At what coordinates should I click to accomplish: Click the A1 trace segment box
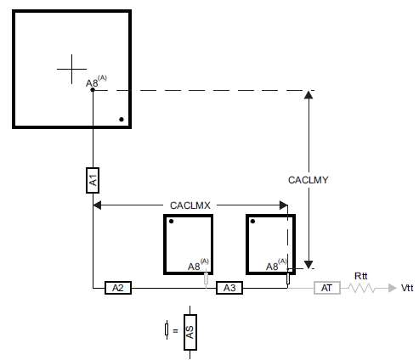pos(93,180)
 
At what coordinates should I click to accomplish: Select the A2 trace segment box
pos(118,288)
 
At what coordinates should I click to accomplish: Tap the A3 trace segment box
pos(229,288)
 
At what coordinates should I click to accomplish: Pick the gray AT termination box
pos(327,288)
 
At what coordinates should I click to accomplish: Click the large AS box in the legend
pos(190,332)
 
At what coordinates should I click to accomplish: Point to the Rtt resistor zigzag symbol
pos(361,288)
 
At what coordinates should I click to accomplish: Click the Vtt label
pos(407,288)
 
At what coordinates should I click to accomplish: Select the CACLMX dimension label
pos(190,205)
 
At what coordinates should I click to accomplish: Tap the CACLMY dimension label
pos(309,180)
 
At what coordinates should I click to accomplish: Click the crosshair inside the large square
pos(71,69)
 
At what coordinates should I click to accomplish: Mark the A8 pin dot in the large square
pos(93,90)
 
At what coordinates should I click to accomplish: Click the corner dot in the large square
pos(122,120)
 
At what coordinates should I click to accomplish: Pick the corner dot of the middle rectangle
pos(171,222)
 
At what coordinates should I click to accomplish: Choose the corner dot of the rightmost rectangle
pos(252,222)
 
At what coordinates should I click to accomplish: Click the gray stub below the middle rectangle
pos(206,278)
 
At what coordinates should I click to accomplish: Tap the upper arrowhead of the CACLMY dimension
pos(309,95)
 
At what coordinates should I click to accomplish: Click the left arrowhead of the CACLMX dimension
pos(97,205)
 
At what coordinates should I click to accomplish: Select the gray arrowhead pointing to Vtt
pos(393,288)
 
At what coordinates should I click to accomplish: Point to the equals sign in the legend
pos(175,330)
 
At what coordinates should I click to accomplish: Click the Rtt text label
pos(361,276)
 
